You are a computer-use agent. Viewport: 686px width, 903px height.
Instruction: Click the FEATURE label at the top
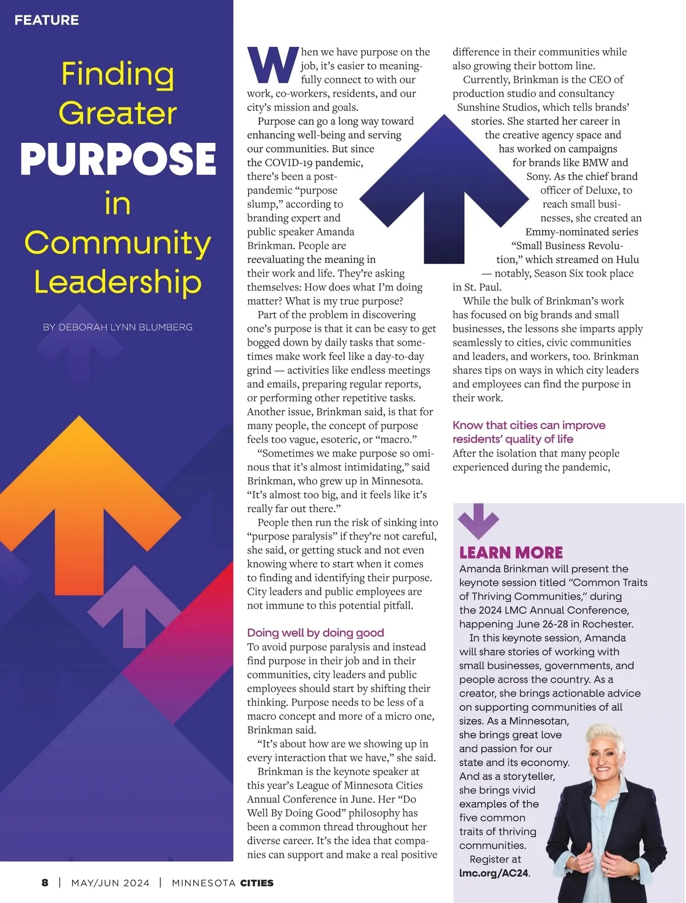click(47, 20)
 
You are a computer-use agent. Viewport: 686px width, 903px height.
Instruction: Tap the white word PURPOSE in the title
click(118, 159)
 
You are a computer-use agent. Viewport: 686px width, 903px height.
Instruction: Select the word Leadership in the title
click(118, 282)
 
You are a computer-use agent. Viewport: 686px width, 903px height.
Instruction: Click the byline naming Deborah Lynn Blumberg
click(118, 327)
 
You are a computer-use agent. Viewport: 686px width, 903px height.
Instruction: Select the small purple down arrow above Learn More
click(478, 520)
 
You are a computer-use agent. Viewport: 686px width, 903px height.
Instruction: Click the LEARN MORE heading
click(511, 553)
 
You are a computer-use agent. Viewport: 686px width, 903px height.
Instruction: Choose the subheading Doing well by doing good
click(316, 633)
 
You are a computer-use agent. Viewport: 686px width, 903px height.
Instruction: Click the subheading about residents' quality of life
click(529, 432)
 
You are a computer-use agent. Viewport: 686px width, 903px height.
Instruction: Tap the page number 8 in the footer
click(45, 882)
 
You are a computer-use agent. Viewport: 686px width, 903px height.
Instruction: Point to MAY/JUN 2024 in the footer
click(110, 882)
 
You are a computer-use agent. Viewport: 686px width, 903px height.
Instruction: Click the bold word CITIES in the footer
click(257, 882)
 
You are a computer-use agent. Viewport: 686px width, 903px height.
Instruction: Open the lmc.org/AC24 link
click(494, 873)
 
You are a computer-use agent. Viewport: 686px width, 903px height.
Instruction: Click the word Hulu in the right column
click(627, 259)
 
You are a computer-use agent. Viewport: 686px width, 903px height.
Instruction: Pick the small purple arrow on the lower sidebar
click(135, 605)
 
